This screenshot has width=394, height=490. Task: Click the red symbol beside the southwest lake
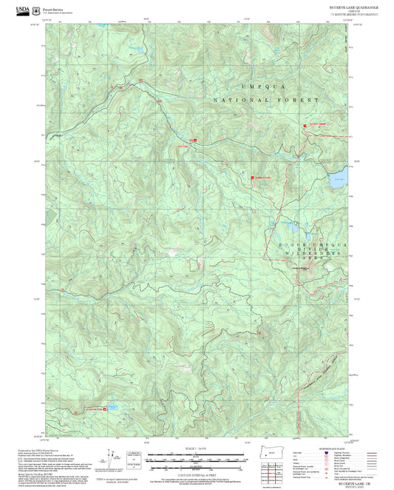click(104, 408)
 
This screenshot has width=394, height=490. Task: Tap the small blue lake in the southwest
click(115, 406)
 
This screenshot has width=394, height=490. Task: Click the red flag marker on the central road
click(196, 140)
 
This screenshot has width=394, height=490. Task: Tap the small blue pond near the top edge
click(135, 50)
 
